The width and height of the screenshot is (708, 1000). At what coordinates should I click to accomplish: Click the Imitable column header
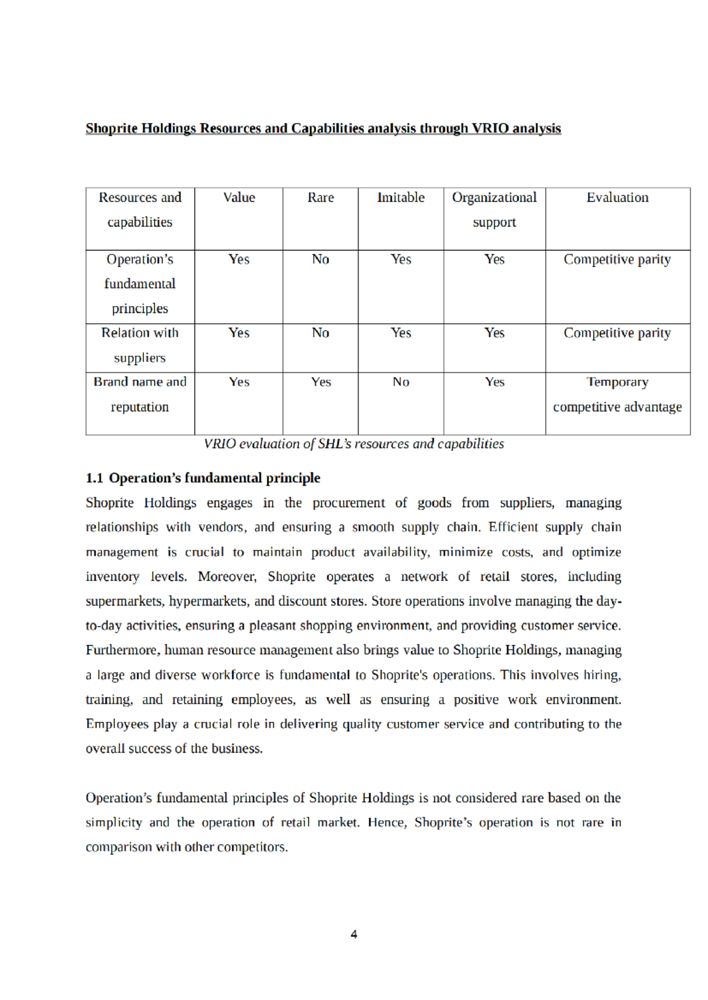click(x=401, y=198)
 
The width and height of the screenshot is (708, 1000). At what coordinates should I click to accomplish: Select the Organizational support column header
click(x=494, y=209)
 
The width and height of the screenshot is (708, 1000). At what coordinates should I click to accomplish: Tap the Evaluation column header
click(x=617, y=198)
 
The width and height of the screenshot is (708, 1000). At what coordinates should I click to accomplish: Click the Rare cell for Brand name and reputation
click(x=320, y=382)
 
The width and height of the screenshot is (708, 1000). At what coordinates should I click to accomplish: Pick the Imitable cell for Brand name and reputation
click(x=401, y=382)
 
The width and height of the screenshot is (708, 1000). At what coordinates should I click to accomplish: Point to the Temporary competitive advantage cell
click(x=617, y=394)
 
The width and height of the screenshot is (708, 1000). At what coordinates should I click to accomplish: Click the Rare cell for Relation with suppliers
click(x=320, y=333)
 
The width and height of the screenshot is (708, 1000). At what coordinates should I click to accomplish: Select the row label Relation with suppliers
click(x=140, y=346)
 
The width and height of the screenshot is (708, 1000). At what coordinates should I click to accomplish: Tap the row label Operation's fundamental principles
click(x=140, y=284)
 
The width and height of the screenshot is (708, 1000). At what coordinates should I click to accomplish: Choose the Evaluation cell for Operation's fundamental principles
click(x=617, y=259)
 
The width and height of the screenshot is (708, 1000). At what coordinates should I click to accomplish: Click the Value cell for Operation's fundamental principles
click(x=239, y=259)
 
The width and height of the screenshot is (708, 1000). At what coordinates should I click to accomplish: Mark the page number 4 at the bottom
click(x=353, y=934)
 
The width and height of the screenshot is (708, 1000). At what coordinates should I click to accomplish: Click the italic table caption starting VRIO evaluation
click(x=353, y=444)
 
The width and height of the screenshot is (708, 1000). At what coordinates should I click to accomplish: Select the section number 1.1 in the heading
click(x=94, y=478)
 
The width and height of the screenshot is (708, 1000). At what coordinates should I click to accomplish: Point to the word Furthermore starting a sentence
click(x=123, y=650)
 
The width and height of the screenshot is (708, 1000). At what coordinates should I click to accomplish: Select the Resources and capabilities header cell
click(x=140, y=209)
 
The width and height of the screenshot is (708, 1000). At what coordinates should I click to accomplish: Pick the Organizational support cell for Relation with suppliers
click(x=494, y=333)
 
